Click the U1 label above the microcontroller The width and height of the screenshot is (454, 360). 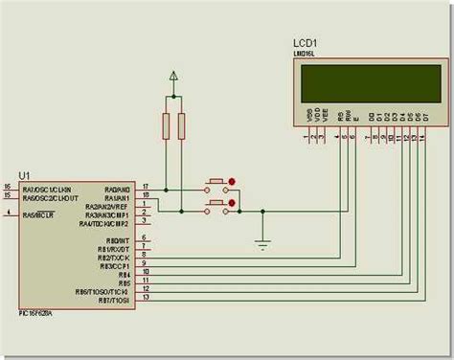pos(23,174)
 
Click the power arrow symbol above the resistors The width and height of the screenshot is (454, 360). pos(172,76)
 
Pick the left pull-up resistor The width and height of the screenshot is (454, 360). pos(166,126)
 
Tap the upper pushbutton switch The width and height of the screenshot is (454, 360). pos(216,182)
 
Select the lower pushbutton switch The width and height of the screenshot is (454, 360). pos(216,202)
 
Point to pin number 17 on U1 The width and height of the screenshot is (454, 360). pos(146,186)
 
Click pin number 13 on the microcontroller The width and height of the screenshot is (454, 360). pos(146,297)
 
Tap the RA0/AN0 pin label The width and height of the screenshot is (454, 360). pos(118,189)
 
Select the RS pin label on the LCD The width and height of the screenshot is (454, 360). pos(339,119)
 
